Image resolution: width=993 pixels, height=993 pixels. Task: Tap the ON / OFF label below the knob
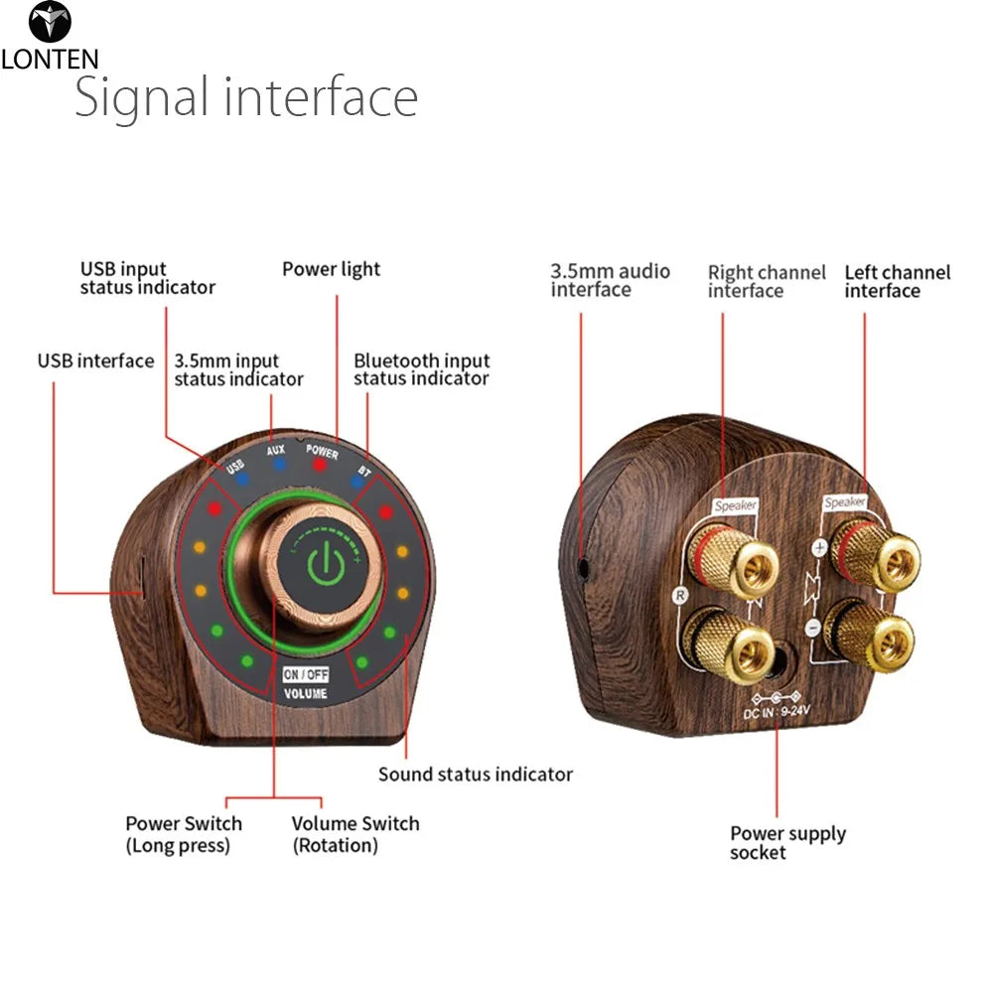(305, 675)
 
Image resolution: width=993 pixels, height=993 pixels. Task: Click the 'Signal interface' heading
(246, 97)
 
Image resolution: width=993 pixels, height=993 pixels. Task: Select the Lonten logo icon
(50, 23)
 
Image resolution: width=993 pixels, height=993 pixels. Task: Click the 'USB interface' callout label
(95, 360)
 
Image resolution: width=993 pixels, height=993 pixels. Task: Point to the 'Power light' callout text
(331, 269)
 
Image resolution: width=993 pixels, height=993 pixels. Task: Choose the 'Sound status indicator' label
(475, 774)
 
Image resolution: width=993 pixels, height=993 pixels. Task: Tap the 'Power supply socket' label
(787, 843)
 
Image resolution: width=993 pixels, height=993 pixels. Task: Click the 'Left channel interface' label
(897, 281)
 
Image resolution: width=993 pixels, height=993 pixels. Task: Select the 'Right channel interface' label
(766, 281)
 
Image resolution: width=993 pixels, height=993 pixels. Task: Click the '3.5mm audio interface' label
(610, 280)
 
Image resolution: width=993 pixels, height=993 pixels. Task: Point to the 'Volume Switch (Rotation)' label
(355, 834)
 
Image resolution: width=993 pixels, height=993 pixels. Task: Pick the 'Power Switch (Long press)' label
(183, 834)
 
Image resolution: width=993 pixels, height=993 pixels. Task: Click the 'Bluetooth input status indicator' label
(421, 369)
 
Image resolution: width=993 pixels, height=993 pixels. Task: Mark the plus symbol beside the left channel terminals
(820, 547)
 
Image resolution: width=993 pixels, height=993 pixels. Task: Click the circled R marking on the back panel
(680, 596)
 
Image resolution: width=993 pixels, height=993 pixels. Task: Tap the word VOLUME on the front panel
(305, 694)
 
